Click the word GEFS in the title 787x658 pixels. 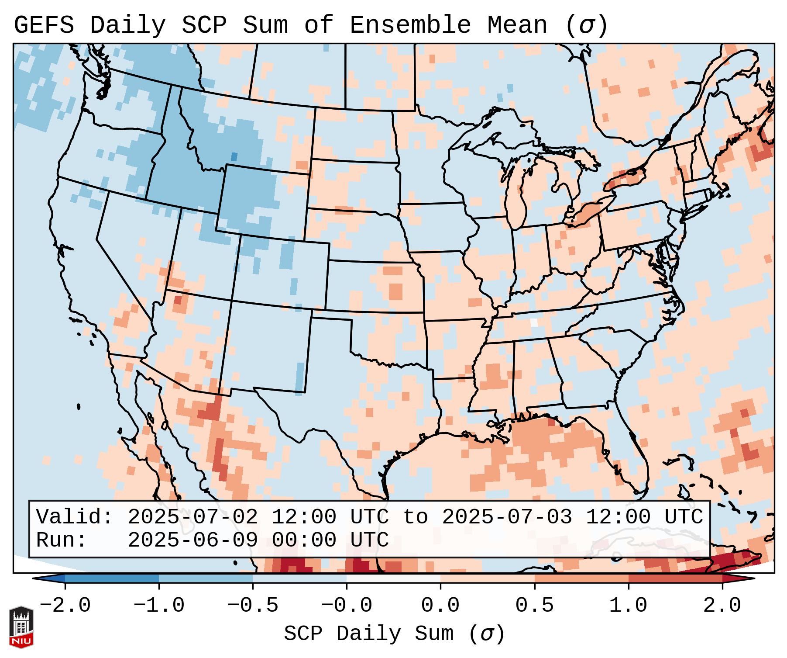pos(44,25)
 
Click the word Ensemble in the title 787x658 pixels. pos(410,25)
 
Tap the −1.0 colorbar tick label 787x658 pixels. pos(159,606)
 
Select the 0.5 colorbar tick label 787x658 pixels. pos(534,606)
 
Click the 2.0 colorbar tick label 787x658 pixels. pos(722,606)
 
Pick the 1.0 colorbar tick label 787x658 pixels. pos(628,606)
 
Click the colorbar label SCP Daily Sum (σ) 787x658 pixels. pos(394,634)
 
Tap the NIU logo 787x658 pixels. pos(21,627)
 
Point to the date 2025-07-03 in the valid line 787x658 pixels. pos(507,517)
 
